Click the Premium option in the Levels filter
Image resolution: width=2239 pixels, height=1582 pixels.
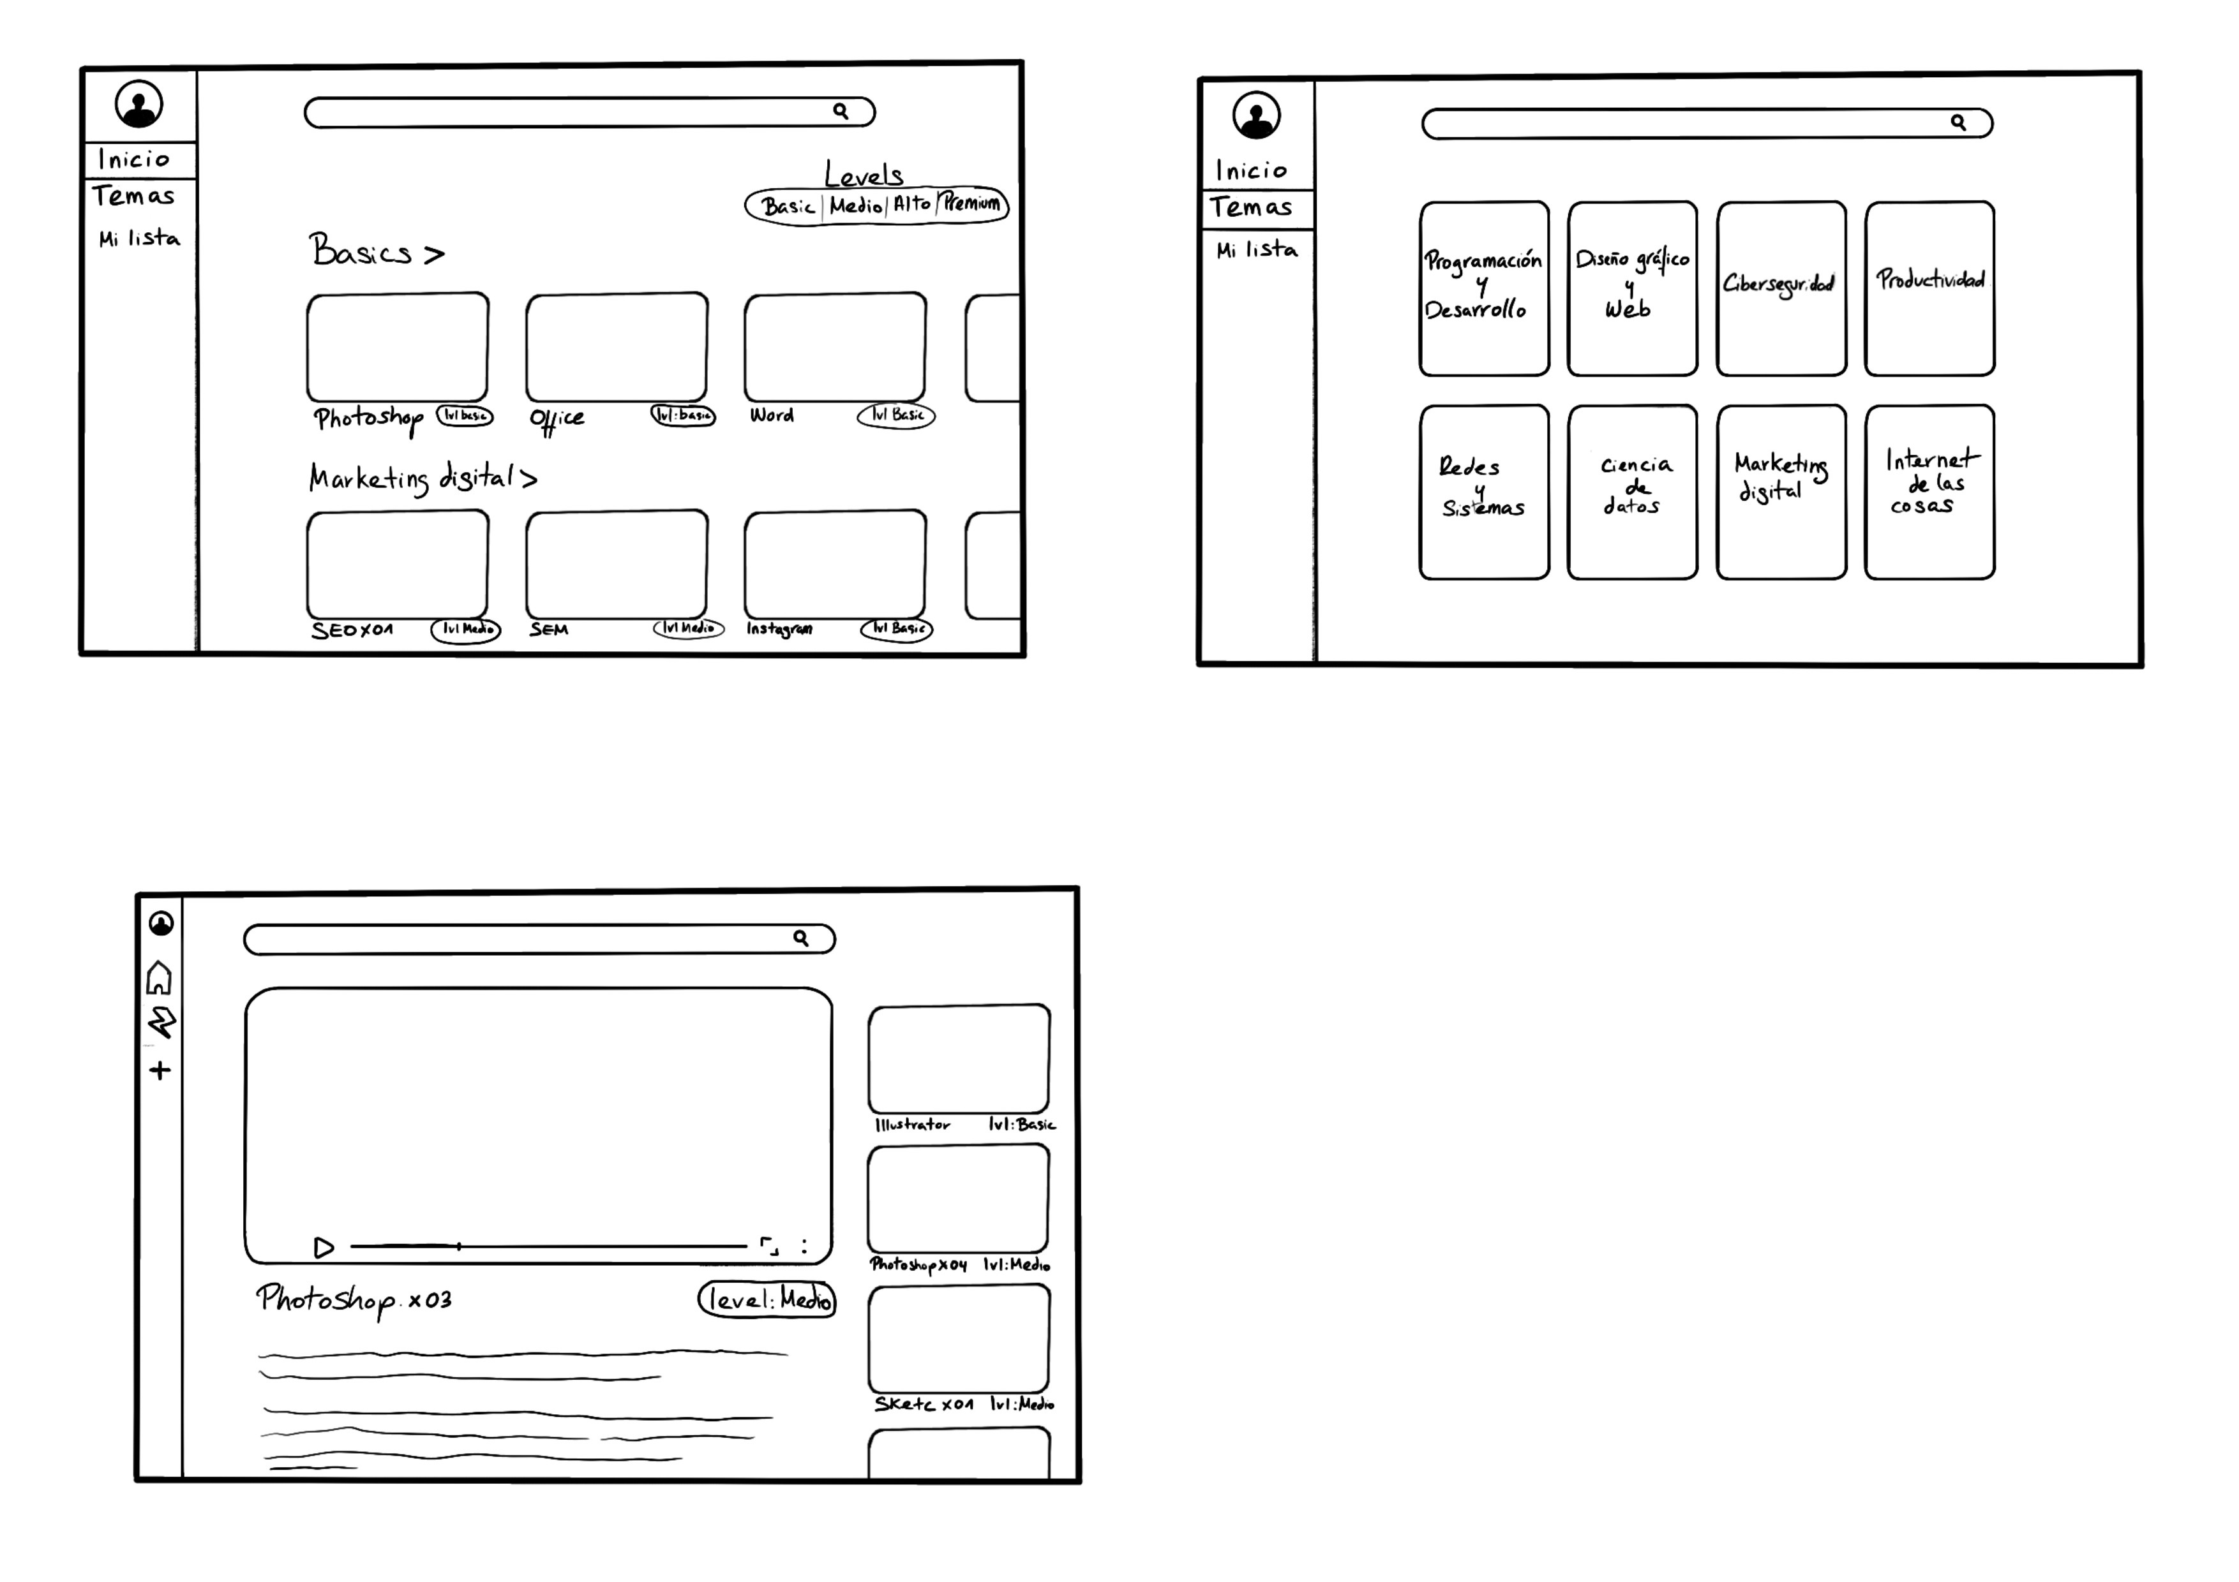[971, 203]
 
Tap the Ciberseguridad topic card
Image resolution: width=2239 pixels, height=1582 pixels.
[1781, 288]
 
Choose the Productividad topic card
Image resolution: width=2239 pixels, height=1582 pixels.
[1929, 288]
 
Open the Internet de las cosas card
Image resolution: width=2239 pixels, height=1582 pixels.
[1929, 492]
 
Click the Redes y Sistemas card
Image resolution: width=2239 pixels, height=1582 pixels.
[1483, 492]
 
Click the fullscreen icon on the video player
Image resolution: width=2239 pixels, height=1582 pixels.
[769, 1246]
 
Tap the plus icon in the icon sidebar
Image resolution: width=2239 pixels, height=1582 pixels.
[160, 1070]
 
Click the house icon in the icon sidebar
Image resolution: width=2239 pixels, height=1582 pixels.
[160, 978]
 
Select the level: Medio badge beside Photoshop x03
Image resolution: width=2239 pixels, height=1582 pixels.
[767, 1299]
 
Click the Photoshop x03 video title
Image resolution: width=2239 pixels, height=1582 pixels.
[353, 1299]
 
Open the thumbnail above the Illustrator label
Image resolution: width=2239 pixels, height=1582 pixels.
[959, 1058]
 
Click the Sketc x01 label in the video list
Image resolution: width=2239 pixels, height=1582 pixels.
[922, 1403]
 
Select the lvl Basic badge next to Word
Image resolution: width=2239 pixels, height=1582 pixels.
[896, 415]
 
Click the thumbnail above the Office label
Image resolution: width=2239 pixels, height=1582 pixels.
[617, 347]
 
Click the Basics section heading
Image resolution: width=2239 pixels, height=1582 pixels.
[375, 253]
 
